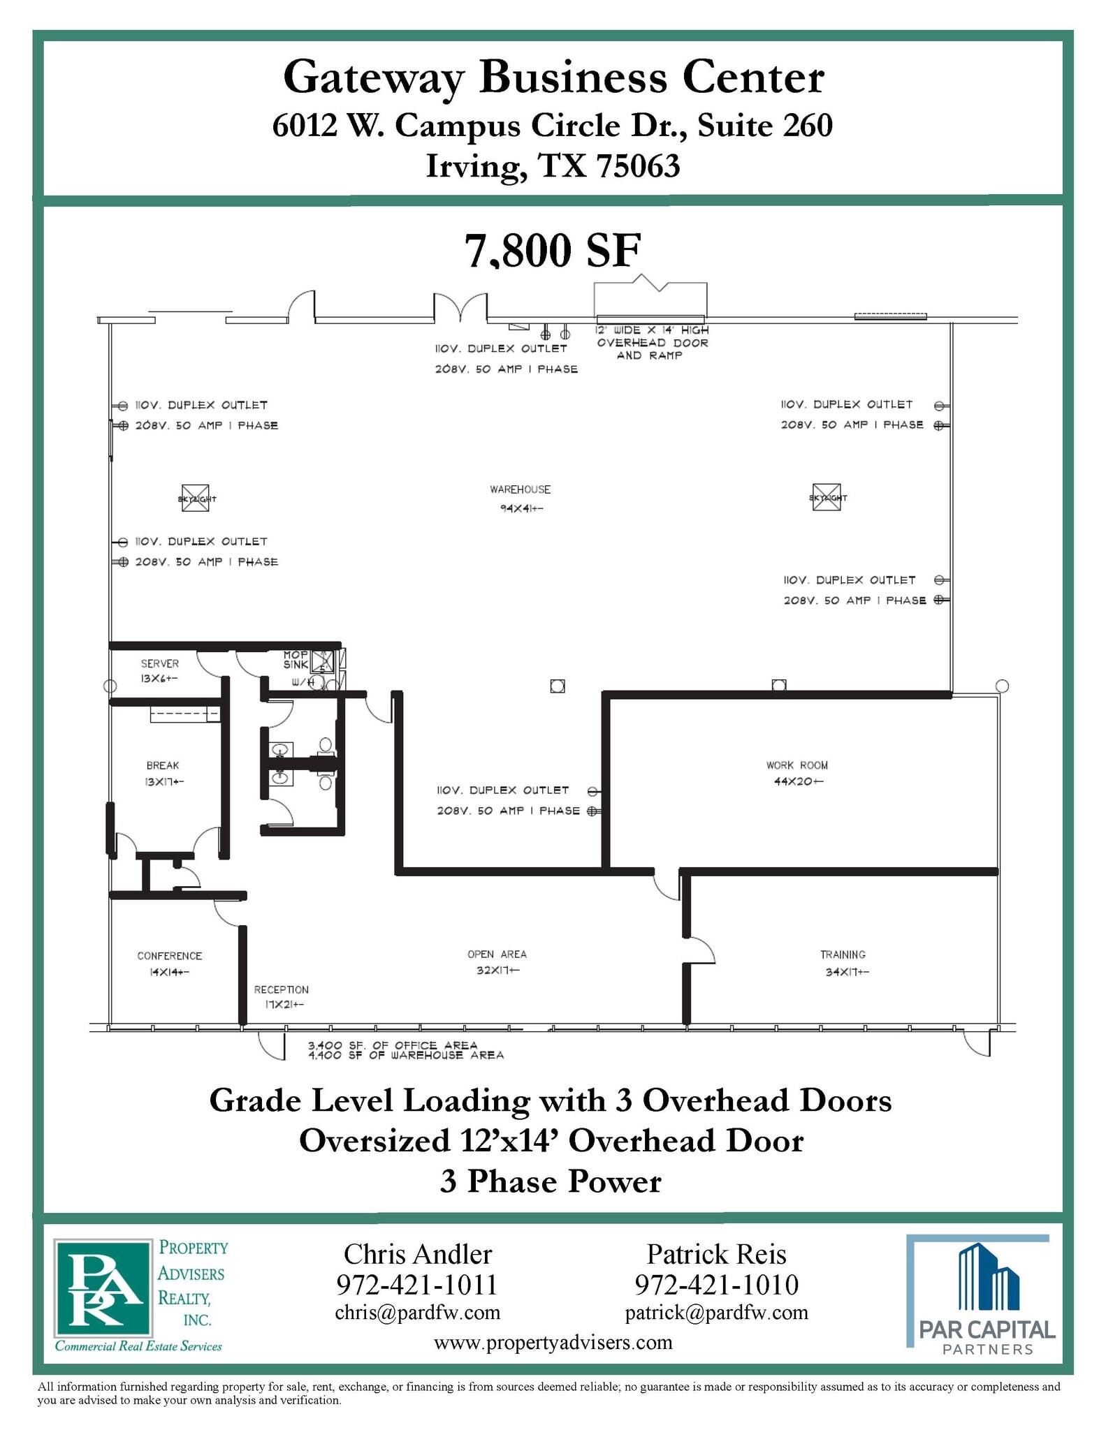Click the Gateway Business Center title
tap(553, 78)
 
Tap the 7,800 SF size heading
tap(553, 251)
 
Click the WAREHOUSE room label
tap(520, 490)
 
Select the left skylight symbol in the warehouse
tap(196, 498)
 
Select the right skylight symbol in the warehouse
tap(827, 497)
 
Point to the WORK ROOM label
tap(796, 765)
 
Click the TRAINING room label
tap(843, 954)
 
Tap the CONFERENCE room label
tap(169, 956)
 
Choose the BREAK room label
tap(163, 765)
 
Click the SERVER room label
tap(160, 663)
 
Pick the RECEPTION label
tap(281, 989)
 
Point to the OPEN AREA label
tap(497, 954)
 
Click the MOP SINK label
tap(296, 659)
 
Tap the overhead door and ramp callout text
tap(652, 342)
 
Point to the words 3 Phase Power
tap(551, 1181)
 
